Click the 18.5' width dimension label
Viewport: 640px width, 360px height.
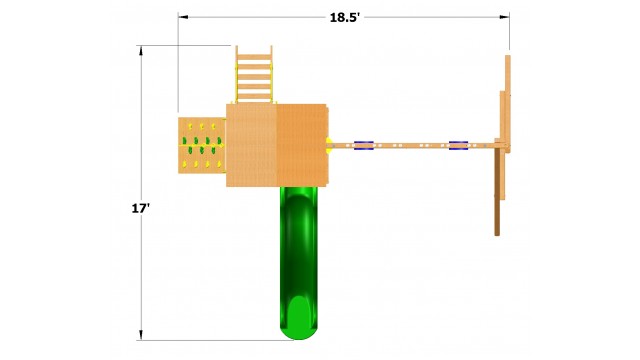click(x=344, y=18)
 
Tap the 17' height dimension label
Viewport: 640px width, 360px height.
click(x=140, y=209)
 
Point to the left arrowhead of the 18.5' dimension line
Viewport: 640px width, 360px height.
click(x=183, y=17)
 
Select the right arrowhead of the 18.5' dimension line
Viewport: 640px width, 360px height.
click(x=504, y=17)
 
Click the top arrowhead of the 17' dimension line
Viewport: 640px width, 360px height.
click(x=141, y=50)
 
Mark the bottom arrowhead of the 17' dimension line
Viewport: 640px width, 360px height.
click(x=141, y=335)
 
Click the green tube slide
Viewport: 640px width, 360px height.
click(x=299, y=263)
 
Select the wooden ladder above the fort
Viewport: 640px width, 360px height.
click(x=254, y=74)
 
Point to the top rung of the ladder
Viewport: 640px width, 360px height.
click(x=254, y=57)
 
